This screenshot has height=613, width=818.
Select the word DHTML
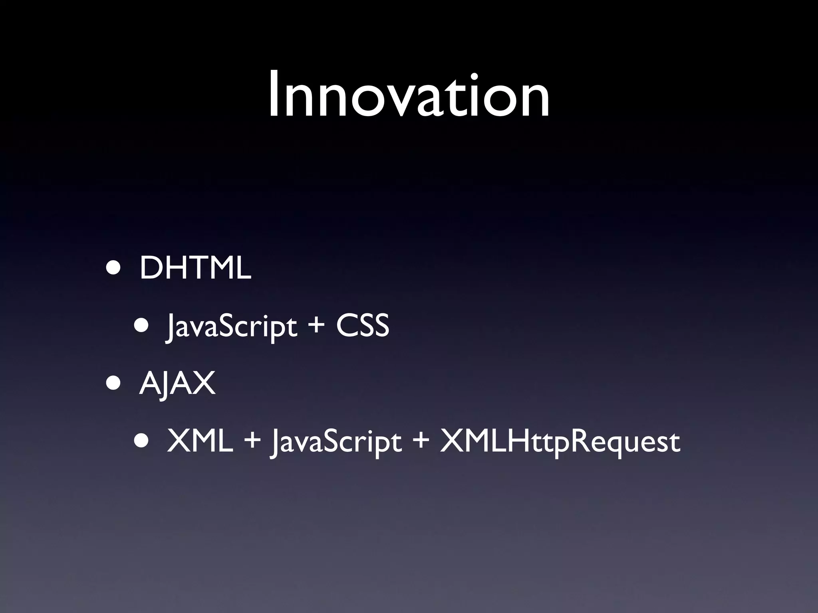[x=195, y=268]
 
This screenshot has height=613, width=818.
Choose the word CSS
[x=362, y=326]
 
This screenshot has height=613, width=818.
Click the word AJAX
[x=177, y=384]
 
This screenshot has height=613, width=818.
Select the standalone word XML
[x=200, y=441]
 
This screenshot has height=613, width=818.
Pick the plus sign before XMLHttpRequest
[x=420, y=442]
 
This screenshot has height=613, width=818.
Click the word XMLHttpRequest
[x=560, y=442]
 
